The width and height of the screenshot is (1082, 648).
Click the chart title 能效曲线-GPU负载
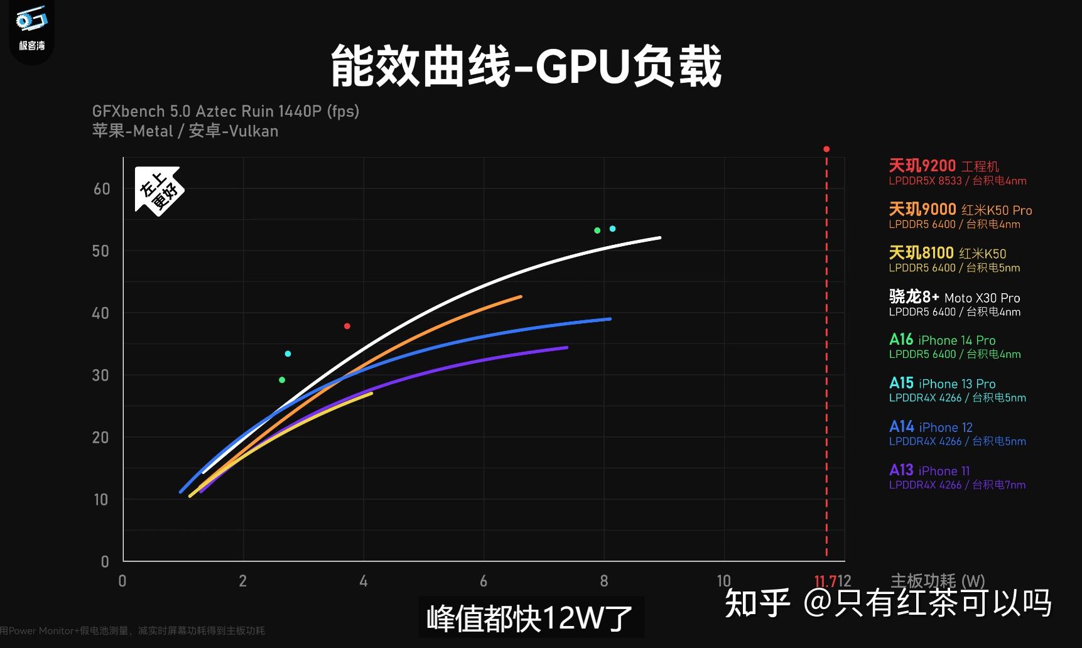point(526,66)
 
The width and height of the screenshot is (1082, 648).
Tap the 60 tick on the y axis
point(102,189)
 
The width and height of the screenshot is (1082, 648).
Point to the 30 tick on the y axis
point(101,375)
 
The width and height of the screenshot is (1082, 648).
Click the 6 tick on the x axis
point(484,581)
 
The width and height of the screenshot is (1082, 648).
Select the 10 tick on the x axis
point(723,581)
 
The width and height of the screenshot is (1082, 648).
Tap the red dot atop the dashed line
point(826,149)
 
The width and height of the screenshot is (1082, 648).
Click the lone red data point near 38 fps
point(347,326)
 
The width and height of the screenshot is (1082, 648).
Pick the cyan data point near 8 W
point(613,229)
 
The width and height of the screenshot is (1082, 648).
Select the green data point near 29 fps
point(282,380)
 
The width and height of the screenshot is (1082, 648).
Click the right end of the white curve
point(659,238)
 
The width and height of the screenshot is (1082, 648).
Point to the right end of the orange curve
point(520,296)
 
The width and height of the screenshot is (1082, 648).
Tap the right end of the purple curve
point(566,347)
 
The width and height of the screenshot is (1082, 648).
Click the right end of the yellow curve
point(371,394)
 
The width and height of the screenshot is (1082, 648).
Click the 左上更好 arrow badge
point(158,190)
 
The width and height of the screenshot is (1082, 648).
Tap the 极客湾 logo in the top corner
point(31,28)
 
